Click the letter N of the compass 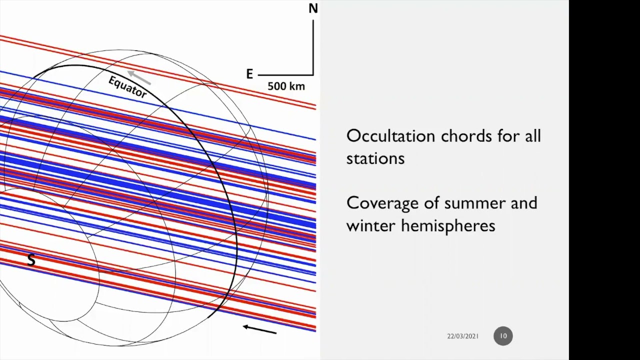313,9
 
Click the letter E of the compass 249,74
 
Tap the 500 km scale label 286,86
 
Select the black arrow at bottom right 259,329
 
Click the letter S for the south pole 31,260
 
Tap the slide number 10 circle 503,336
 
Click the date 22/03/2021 462,336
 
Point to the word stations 375,158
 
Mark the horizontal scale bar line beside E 285,75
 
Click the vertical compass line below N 313,45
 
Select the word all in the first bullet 532,136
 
